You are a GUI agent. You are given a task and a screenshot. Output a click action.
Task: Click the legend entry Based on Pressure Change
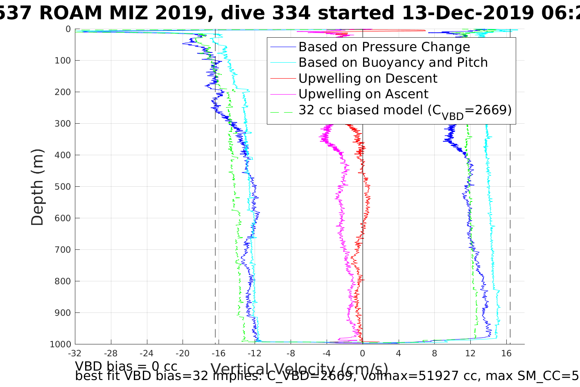pos(384,47)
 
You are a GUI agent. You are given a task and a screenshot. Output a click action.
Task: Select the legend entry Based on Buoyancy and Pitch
pos(393,63)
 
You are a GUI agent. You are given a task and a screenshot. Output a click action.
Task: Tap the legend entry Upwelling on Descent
pos(368,78)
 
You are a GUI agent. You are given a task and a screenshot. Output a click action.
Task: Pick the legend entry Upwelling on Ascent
pos(363,94)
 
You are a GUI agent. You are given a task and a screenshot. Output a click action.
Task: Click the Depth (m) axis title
pos(37,187)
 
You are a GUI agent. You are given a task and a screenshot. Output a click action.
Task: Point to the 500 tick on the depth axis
pos(63,187)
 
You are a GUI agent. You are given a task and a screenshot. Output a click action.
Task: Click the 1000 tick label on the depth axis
pos(60,344)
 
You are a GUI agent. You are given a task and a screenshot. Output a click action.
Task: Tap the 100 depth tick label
pos(63,61)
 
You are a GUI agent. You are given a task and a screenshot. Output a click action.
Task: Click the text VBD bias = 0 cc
pos(126,366)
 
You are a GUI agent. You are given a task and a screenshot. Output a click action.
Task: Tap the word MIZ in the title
pos(188,14)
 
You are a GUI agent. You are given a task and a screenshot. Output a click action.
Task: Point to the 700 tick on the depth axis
pos(63,250)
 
